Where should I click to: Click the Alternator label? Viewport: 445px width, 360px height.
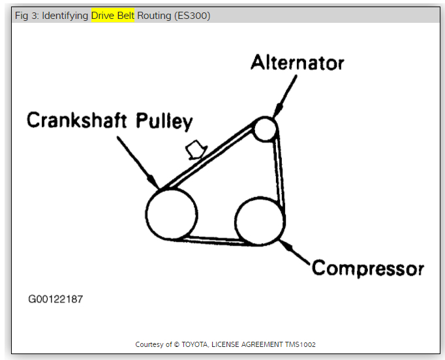298,63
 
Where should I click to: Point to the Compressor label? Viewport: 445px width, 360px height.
368,268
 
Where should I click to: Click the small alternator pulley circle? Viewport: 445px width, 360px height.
265,128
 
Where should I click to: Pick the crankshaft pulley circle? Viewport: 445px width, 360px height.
172,213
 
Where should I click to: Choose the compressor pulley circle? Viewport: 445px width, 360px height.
259,222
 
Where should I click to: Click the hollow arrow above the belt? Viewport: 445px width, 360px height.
194,150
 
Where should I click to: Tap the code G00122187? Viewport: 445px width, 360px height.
55,299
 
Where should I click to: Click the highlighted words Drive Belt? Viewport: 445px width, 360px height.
113,16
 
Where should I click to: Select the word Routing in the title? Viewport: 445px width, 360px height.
154,16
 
